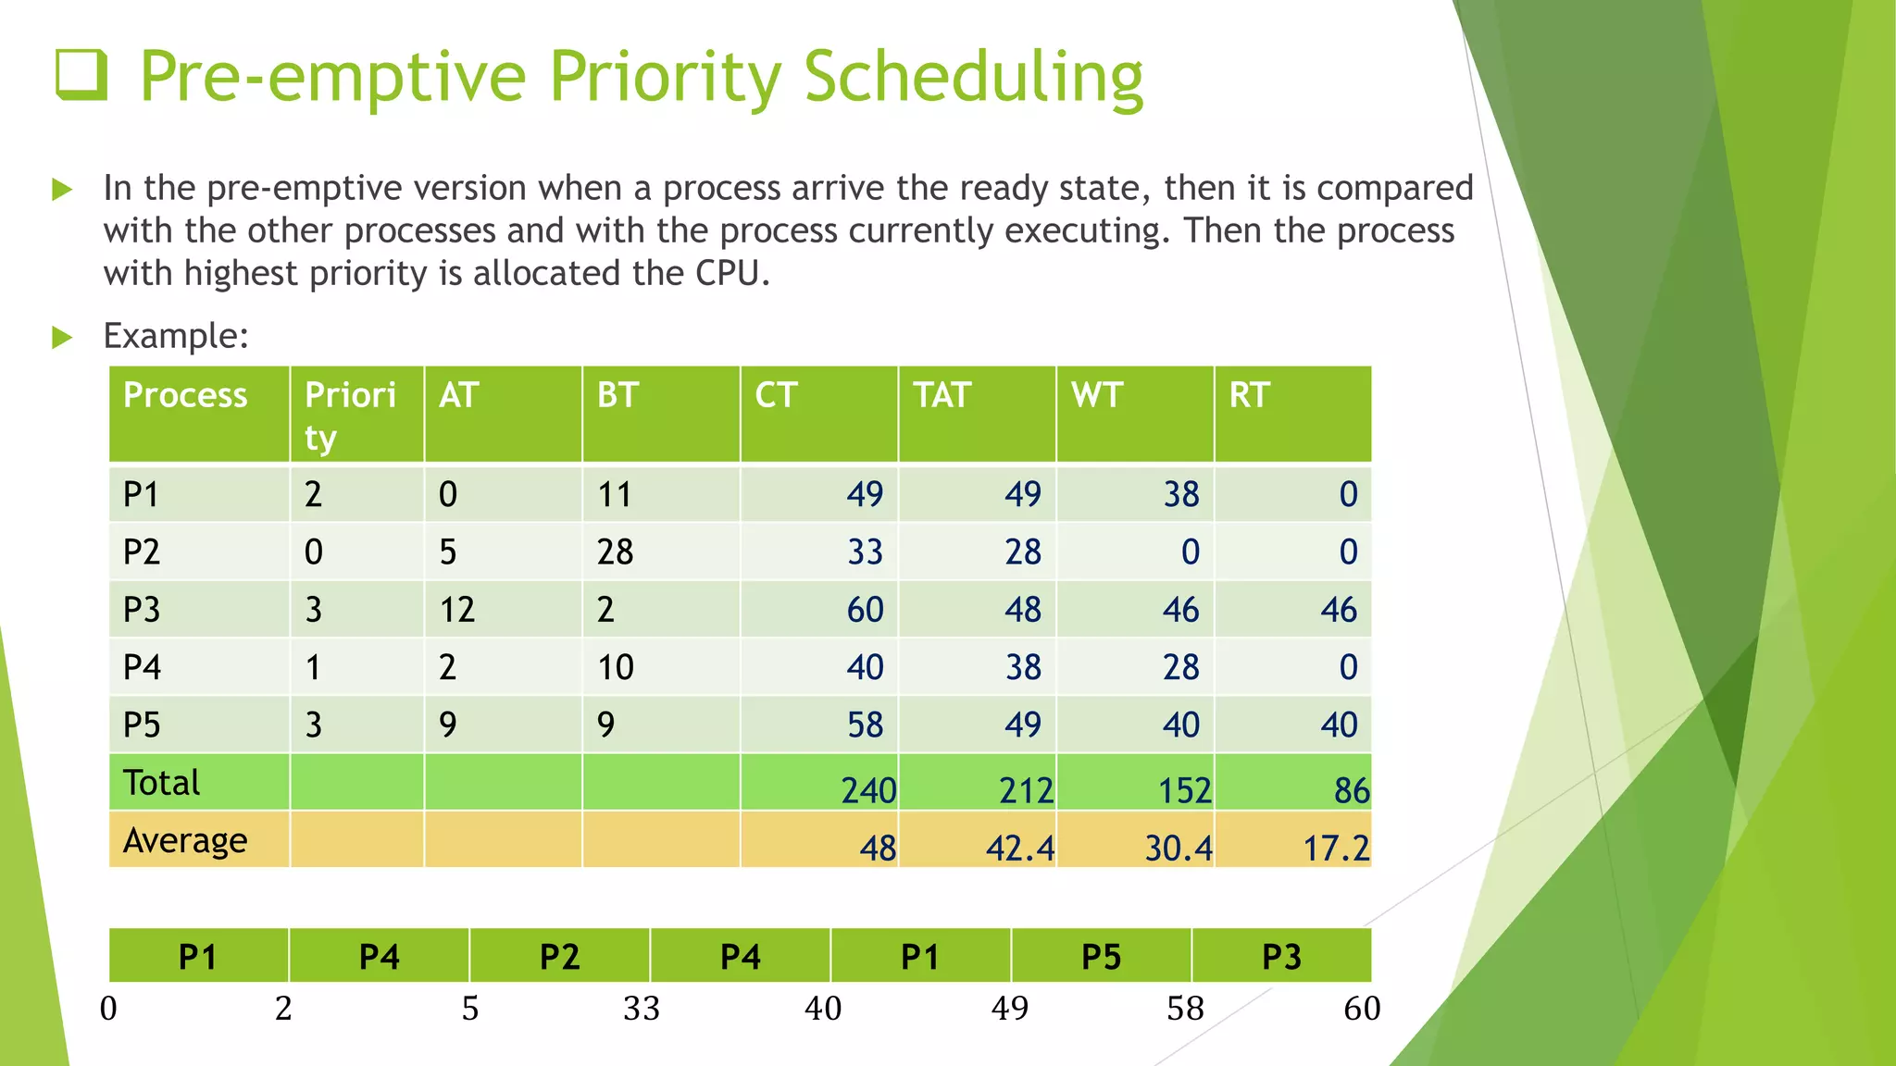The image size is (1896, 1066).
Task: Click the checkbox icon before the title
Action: click(81, 75)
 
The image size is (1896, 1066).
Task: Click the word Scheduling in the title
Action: click(973, 78)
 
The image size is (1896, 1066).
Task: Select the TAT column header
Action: click(942, 395)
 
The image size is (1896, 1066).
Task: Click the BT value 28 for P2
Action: click(615, 552)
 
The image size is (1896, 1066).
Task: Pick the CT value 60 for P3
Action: click(865, 610)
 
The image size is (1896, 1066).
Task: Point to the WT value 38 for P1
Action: click(1181, 495)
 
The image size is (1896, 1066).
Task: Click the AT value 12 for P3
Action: click(456, 610)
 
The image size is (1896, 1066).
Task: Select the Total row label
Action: click(162, 783)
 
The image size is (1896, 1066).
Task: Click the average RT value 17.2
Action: click(1335, 848)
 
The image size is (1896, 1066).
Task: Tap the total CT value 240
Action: click(867, 790)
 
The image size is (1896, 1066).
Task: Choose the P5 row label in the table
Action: click(142, 725)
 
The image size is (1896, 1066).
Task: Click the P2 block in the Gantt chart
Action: click(559, 957)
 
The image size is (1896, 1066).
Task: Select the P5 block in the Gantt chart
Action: click(1101, 957)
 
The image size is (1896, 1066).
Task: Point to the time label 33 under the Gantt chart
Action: click(641, 1008)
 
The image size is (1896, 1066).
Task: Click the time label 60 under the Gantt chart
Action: click(1361, 1008)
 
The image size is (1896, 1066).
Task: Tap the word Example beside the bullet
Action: click(175, 336)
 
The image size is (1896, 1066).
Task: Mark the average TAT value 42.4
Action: click(1019, 848)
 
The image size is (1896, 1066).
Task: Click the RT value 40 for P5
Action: click(1339, 725)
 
